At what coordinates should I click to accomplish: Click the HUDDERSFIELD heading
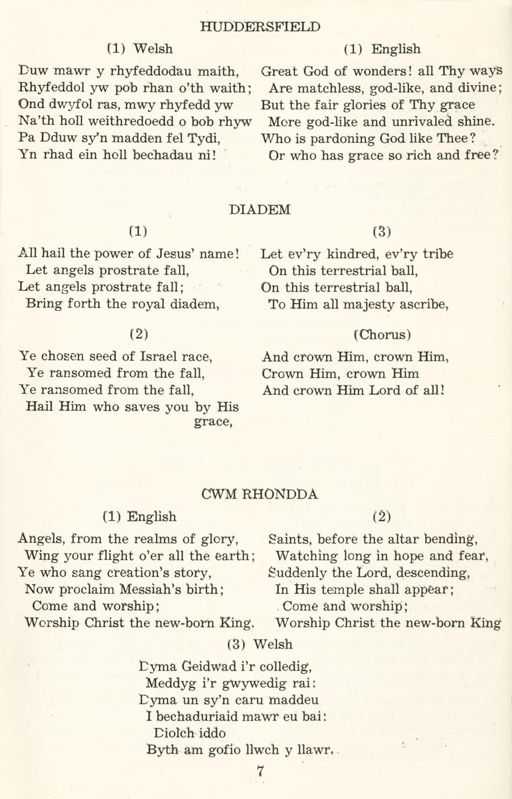pyautogui.click(x=259, y=27)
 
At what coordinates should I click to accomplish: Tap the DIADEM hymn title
pyautogui.click(x=259, y=210)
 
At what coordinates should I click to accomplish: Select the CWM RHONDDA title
pyautogui.click(x=259, y=494)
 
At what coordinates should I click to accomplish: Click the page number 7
pyautogui.click(x=261, y=771)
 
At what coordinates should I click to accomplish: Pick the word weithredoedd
pyautogui.click(x=115, y=122)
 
